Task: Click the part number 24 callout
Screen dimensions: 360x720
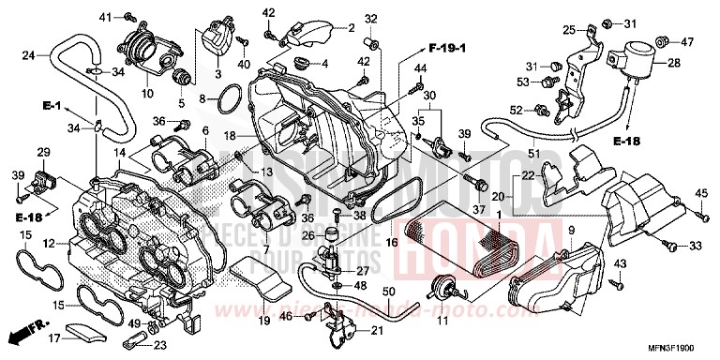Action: pos(29,55)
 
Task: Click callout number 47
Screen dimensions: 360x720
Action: pos(687,42)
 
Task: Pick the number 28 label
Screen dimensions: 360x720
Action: pos(673,64)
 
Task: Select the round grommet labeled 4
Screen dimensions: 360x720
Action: pos(304,63)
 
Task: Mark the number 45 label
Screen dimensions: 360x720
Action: pos(701,194)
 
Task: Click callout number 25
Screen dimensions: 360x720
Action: pos(568,31)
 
